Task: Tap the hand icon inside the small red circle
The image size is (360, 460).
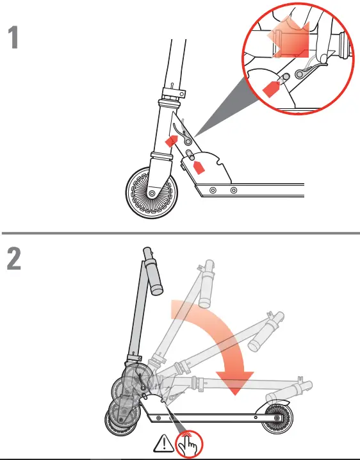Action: point(189,443)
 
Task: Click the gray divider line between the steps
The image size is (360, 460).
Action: point(180,231)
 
